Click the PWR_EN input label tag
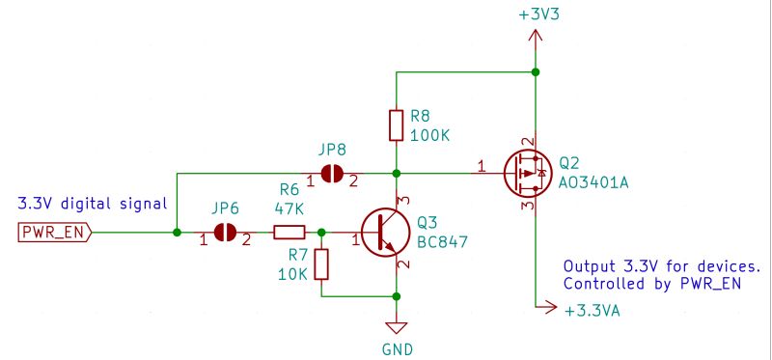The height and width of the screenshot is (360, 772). click(x=54, y=233)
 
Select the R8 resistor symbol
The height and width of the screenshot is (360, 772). click(x=397, y=125)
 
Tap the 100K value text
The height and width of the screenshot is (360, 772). click(x=430, y=136)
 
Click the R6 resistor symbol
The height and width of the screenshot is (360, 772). click(x=289, y=233)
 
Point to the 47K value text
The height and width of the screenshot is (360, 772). click(x=290, y=208)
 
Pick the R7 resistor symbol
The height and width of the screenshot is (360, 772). click(x=321, y=264)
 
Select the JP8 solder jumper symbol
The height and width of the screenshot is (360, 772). click(x=333, y=174)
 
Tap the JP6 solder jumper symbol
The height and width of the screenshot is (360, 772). click(x=226, y=233)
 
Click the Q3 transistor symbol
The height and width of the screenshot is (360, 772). click(x=385, y=233)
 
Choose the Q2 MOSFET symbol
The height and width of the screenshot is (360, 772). click(x=526, y=174)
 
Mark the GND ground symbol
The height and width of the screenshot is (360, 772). click(x=397, y=328)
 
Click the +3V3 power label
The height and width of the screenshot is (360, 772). click(x=536, y=16)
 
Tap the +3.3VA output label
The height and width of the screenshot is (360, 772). click(x=592, y=311)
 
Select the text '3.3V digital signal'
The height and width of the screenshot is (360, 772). click(x=92, y=204)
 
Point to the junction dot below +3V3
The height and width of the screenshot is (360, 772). click(x=536, y=71)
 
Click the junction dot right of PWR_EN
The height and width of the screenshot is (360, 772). click(x=177, y=233)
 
